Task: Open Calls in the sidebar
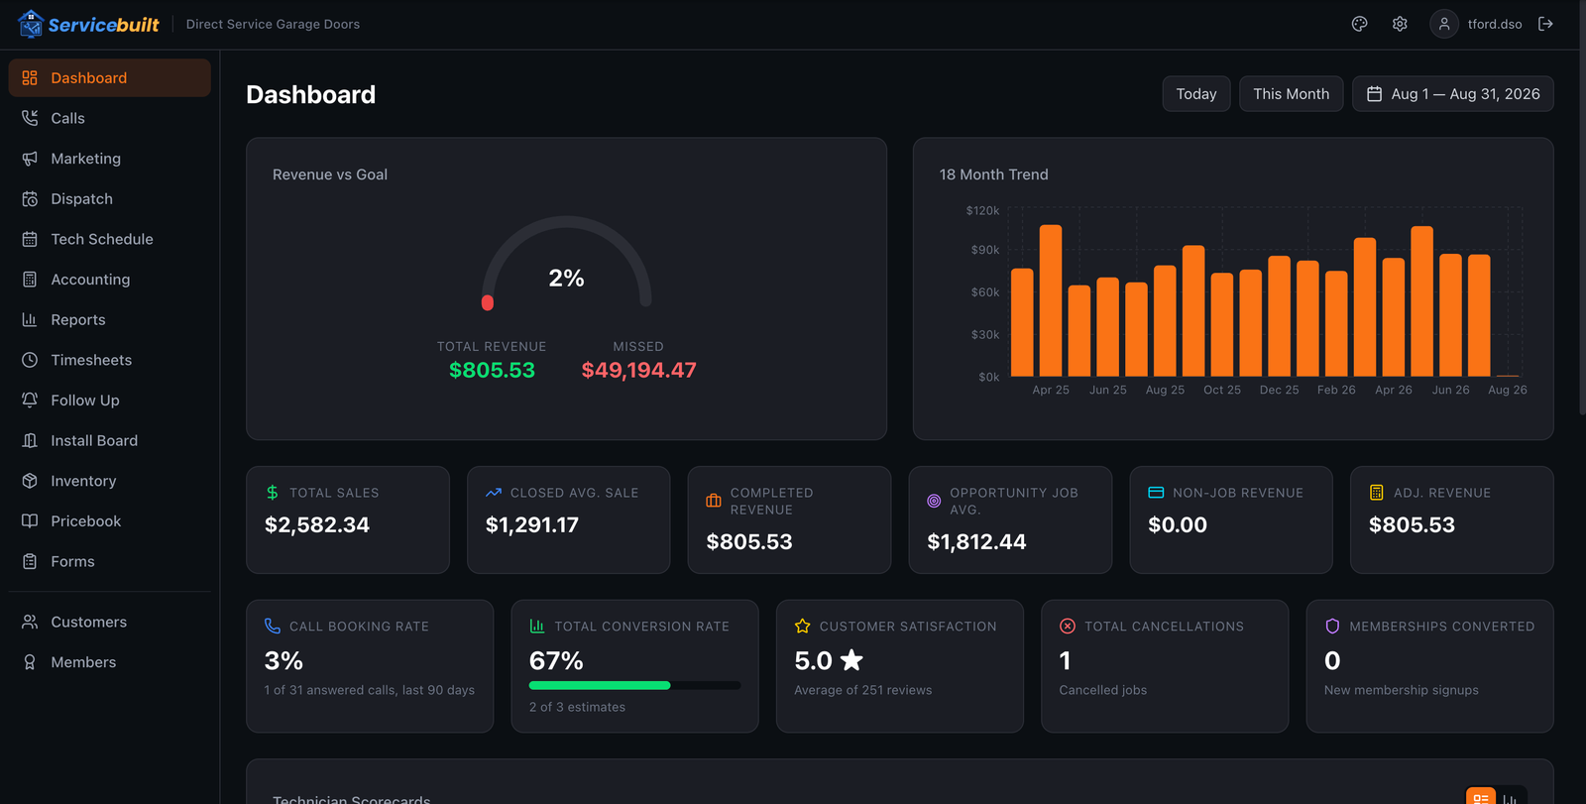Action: pyautogui.click(x=67, y=118)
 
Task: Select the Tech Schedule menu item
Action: pyautogui.click(x=101, y=240)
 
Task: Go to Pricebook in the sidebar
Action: pyautogui.click(x=85, y=521)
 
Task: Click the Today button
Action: pyautogui.click(x=1195, y=94)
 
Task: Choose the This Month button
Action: pyautogui.click(x=1291, y=94)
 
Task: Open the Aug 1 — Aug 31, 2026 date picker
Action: pyautogui.click(x=1453, y=94)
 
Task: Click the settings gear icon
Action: pyautogui.click(x=1400, y=24)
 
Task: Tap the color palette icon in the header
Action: pyautogui.click(x=1359, y=24)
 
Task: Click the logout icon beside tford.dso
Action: pyautogui.click(x=1545, y=24)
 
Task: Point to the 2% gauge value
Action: pyautogui.click(x=566, y=279)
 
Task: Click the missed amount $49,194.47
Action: pyautogui.click(x=638, y=370)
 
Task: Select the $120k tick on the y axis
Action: pyautogui.click(x=982, y=210)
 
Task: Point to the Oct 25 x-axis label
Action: pyautogui.click(x=1222, y=390)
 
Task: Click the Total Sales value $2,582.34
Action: pyautogui.click(x=316, y=524)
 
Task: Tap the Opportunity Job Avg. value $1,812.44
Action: pyautogui.click(x=976, y=542)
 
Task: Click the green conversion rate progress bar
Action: pyautogui.click(x=599, y=685)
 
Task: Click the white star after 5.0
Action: pyautogui.click(x=851, y=660)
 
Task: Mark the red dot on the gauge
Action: pyautogui.click(x=487, y=303)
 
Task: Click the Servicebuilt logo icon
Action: pyautogui.click(x=31, y=24)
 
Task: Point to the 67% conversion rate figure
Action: pyautogui.click(x=556, y=661)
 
